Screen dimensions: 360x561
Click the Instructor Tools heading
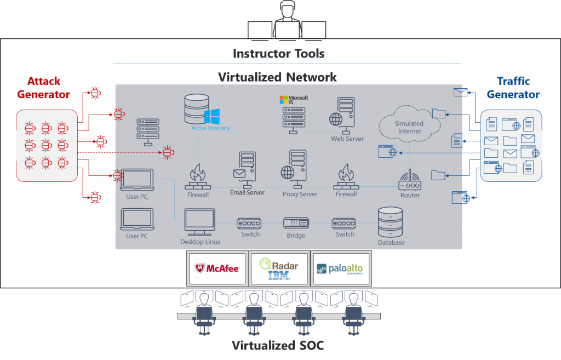[x=278, y=54]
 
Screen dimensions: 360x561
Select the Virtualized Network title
[x=277, y=77]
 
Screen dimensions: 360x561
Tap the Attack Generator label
[x=44, y=88]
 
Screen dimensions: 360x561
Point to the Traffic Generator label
[x=513, y=88]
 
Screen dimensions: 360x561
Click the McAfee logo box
[x=217, y=268]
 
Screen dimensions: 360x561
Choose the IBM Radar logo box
[x=279, y=268]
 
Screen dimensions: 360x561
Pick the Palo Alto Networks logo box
[x=341, y=268]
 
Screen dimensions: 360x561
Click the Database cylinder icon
[x=391, y=222]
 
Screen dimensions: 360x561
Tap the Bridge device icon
[x=296, y=223]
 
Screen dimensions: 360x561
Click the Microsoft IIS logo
[x=294, y=99]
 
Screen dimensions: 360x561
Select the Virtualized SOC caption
[x=278, y=346]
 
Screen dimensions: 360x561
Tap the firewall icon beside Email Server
[x=198, y=177]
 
